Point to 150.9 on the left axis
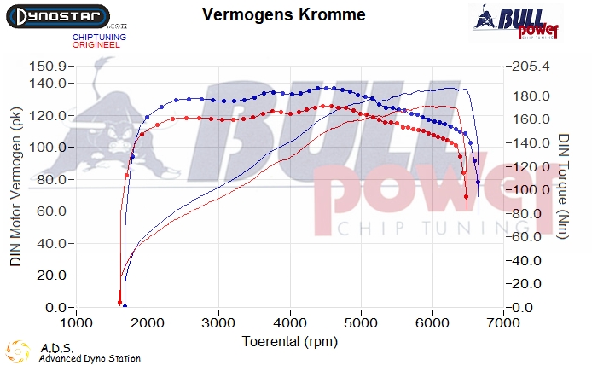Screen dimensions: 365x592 coord(48,67)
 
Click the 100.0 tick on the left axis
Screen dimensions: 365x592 coord(48,148)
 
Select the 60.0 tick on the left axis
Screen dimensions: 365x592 coord(50,211)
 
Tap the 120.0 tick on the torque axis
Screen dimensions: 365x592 coord(531,166)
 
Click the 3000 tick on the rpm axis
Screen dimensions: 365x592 coord(220,324)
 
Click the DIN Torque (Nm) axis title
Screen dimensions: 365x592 coord(563,187)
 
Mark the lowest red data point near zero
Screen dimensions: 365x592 coord(119,302)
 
